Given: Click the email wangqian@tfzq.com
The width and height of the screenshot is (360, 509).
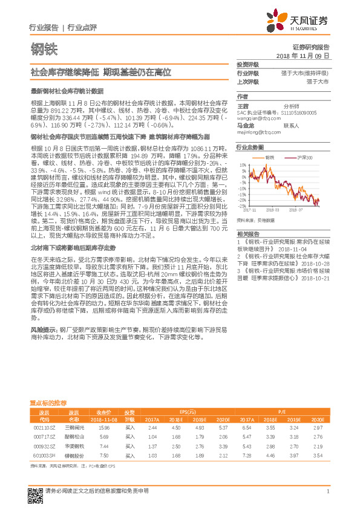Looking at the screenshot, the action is pos(257,118).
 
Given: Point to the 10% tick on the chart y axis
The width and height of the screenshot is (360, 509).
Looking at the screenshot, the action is pos(243,165).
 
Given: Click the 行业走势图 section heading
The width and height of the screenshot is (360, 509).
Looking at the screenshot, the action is pos(250,147).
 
